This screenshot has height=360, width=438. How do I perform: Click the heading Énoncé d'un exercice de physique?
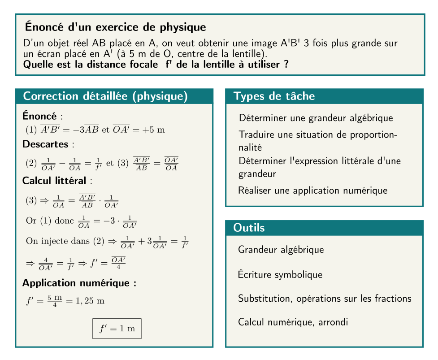[116, 27]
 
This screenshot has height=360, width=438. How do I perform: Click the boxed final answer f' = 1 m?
[117, 329]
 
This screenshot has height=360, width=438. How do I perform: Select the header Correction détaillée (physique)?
[105, 96]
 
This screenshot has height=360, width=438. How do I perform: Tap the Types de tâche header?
[274, 96]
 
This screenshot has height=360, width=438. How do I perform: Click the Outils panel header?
[249, 228]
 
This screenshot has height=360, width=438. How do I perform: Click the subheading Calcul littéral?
[55, 181]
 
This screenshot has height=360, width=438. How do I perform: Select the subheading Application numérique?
[79, 283]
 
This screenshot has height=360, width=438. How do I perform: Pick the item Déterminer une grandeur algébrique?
[316, 118]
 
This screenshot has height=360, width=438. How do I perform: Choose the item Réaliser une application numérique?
[312, 191]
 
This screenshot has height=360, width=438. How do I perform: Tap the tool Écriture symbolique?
[280, 274]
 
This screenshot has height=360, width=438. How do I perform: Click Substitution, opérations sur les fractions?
[325, 298]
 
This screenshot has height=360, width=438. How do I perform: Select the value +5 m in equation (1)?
[154, 130]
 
